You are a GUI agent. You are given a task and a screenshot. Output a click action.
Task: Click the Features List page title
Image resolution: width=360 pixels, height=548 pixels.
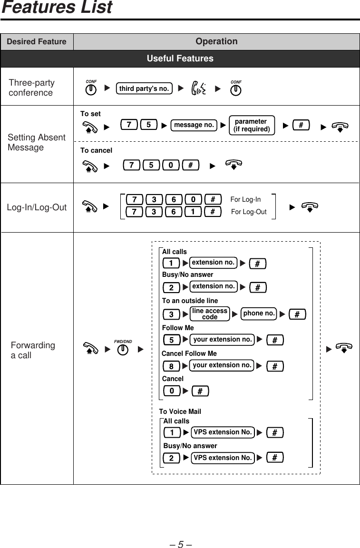point(57,8)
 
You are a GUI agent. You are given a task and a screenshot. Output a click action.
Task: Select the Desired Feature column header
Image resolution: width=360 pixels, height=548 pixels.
point(37,42)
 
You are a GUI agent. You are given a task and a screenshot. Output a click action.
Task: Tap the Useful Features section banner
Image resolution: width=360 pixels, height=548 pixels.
point(180,59)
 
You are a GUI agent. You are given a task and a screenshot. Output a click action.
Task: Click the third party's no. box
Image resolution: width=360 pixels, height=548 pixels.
point(144,88)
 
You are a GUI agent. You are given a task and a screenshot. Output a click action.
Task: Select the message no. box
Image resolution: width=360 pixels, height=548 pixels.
point(194,125)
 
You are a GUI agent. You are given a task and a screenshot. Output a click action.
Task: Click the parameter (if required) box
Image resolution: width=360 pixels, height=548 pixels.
point(252,126)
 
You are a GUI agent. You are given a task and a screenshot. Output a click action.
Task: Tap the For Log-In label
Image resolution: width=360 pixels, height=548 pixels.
point(245,199)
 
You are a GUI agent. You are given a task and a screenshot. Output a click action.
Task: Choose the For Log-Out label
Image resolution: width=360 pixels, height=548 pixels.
point(249,212)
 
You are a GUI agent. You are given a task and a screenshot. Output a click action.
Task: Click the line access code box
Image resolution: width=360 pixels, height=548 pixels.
point(210,314)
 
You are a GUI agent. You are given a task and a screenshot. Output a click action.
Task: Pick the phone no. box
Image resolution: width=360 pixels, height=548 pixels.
point(259,313)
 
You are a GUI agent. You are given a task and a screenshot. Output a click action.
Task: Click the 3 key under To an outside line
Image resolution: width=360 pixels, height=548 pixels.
point(171,314)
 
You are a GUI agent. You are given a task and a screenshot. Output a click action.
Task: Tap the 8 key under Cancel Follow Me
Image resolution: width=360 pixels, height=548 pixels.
point(171,366)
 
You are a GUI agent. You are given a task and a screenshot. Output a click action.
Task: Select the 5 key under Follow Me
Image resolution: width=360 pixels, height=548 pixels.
point(171,340)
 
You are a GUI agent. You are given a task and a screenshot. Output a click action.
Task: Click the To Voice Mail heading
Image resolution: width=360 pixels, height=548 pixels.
point(180,411)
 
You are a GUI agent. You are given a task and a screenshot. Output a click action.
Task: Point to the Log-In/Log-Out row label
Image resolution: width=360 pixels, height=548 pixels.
point(37,207)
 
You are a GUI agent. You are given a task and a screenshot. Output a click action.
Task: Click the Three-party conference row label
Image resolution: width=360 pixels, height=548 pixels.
point(31,88)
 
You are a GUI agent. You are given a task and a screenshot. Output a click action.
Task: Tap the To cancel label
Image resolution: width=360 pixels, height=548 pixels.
point(96,150)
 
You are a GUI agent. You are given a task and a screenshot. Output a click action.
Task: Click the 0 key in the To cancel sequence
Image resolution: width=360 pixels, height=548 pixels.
point(170,165)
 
